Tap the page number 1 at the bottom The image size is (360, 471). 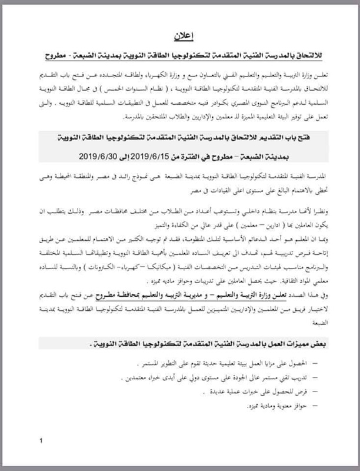point(41,440)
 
